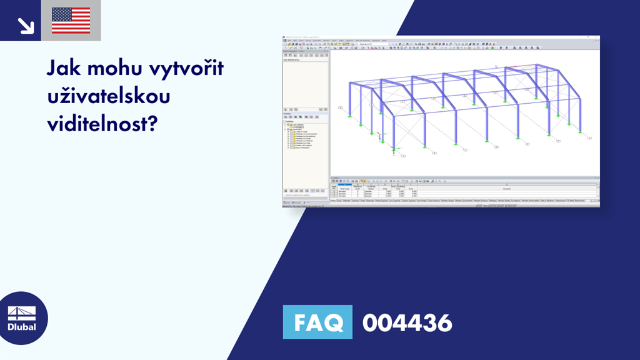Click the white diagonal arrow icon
[26, 24]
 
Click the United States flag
[71, 21]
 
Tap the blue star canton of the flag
[61, 14]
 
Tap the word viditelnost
[96, 124]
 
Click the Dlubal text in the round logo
[22, 327]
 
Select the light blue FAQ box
[318, 322]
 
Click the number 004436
[407, 322]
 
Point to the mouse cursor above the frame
[496, 66]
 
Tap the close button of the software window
[597, 37]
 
